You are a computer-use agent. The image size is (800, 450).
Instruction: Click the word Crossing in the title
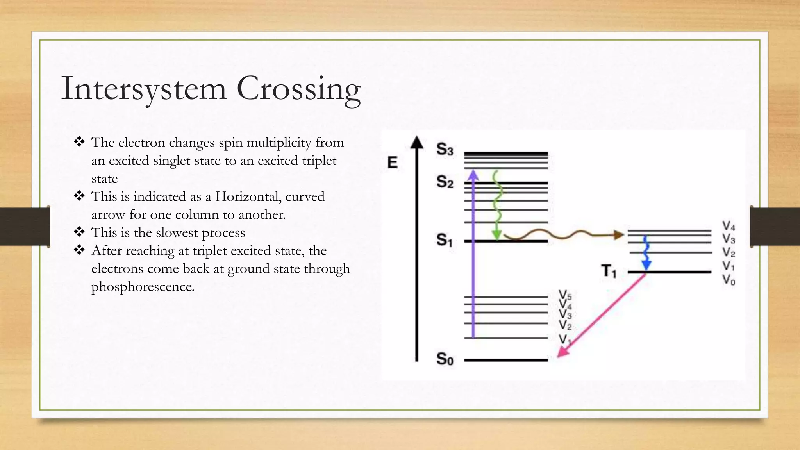pos(299,89)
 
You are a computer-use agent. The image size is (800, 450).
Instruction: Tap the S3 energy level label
pos(445,149)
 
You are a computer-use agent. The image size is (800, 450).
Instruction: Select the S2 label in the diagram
pos(445,182)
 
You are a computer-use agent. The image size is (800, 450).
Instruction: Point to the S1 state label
pos(445,240)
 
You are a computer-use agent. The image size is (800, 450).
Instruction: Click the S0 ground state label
pos(445,359)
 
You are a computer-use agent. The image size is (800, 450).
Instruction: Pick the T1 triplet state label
pos(609,271)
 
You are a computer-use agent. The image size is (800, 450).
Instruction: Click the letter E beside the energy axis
pos(392,162)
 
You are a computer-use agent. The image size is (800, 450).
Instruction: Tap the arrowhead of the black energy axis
pos(417,142)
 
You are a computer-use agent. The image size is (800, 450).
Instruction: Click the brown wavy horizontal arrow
pos(562,235)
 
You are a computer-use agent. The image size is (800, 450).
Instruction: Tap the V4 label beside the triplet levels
pos(729,226)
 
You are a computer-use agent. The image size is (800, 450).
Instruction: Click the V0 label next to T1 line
pos(729,280)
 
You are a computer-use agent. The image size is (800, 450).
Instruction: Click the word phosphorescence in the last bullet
pos(143,287)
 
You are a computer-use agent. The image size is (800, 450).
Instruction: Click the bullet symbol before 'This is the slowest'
pos(79,232)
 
